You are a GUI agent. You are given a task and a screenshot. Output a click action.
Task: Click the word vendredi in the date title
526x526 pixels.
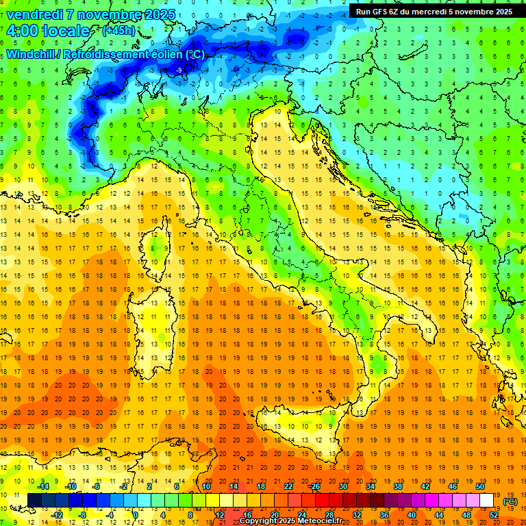36,14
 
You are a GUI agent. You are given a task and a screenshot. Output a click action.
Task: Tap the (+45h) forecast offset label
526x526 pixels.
118,31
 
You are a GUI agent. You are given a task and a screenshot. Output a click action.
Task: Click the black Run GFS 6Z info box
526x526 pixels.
434,11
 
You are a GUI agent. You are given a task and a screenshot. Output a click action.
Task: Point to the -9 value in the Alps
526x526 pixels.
179,70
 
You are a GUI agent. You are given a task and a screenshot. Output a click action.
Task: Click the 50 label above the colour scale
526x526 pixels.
479,486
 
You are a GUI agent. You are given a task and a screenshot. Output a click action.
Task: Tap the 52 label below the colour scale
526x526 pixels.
494,515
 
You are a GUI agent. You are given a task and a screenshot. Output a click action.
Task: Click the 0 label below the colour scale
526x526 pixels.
136,515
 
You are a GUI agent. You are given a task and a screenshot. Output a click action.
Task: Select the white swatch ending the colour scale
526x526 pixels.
486,500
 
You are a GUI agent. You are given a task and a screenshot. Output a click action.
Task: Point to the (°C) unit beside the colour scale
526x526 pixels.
510,501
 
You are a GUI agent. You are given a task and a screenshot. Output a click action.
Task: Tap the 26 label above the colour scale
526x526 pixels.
315,486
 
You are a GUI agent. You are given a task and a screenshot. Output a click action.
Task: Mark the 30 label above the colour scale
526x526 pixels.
342,486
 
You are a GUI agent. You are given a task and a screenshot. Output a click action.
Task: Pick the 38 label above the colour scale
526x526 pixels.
397,486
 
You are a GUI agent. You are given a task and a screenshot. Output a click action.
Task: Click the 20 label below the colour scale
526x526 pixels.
274,515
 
